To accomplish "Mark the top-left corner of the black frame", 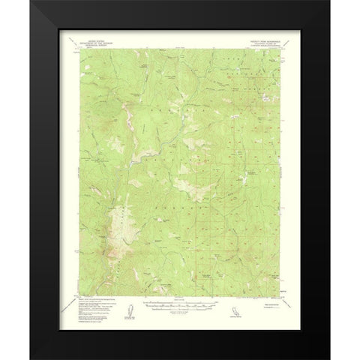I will pyautogui.click(x=30, y=1).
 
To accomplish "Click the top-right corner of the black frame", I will pyautogui.click(x=329, y=1).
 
